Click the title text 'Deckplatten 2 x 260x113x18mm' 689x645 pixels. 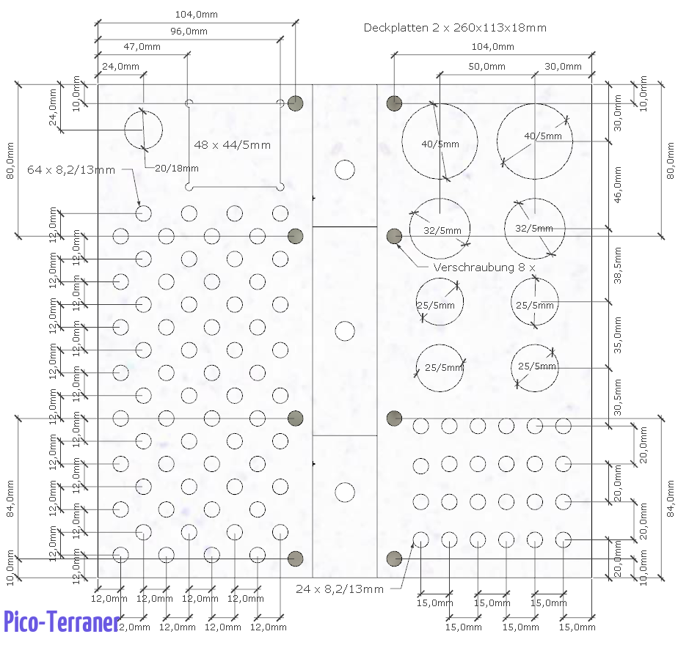click(x=455, y=28)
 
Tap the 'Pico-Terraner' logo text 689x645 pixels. click(x=62, y=622)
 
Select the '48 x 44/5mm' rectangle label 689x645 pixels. click(x=232, y=144)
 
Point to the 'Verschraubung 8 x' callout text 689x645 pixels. click(x=484, y=268)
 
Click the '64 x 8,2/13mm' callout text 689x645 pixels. click(x=71, y=170)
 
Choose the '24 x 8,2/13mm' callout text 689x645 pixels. click(x=340, y=589)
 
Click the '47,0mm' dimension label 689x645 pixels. click(x=142, y=47)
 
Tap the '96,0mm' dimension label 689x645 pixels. click(x=189, y=32)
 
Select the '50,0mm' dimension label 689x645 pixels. click(x=486, y=67)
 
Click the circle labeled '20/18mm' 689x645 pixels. click(x=143, y=130)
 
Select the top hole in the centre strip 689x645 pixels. click(x=345, y=170)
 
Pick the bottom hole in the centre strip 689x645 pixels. click(x=345, y=491)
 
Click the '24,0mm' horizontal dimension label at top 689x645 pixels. click(x=120, y=67)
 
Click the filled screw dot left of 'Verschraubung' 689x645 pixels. click(x=394, y=236)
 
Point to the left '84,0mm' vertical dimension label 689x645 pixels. click(x=10, y=498)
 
